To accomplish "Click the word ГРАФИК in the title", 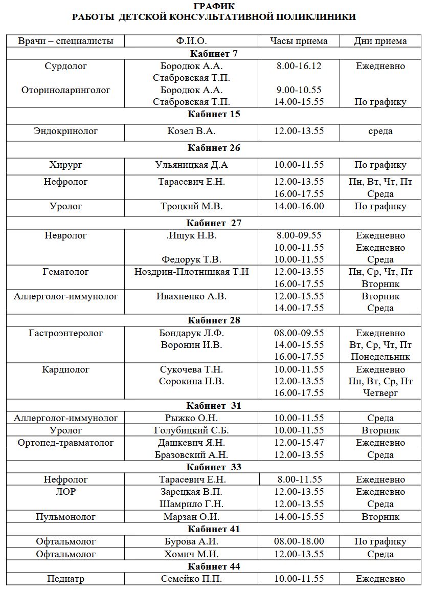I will point(215,6).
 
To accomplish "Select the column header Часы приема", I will point(299,41).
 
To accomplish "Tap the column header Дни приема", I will point(380,41).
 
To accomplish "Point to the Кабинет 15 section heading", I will point(214,114).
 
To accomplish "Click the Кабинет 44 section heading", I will point(214,566).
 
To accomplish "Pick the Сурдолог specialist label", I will point(66,66).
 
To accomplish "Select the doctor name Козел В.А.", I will point(191,131).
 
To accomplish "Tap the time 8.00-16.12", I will point(299,66).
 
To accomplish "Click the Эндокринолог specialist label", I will point(66,131).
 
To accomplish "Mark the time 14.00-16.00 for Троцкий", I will point(299,206).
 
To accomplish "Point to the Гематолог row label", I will point(66,272).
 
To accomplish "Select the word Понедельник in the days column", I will point(380,357).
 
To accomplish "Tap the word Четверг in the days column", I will point(380,393).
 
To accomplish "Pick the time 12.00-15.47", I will point(299,442).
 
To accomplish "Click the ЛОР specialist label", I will point(66,492).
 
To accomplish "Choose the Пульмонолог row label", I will point(66,517).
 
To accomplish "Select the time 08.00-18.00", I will point(299,541).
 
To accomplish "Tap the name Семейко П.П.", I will point(191,579).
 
